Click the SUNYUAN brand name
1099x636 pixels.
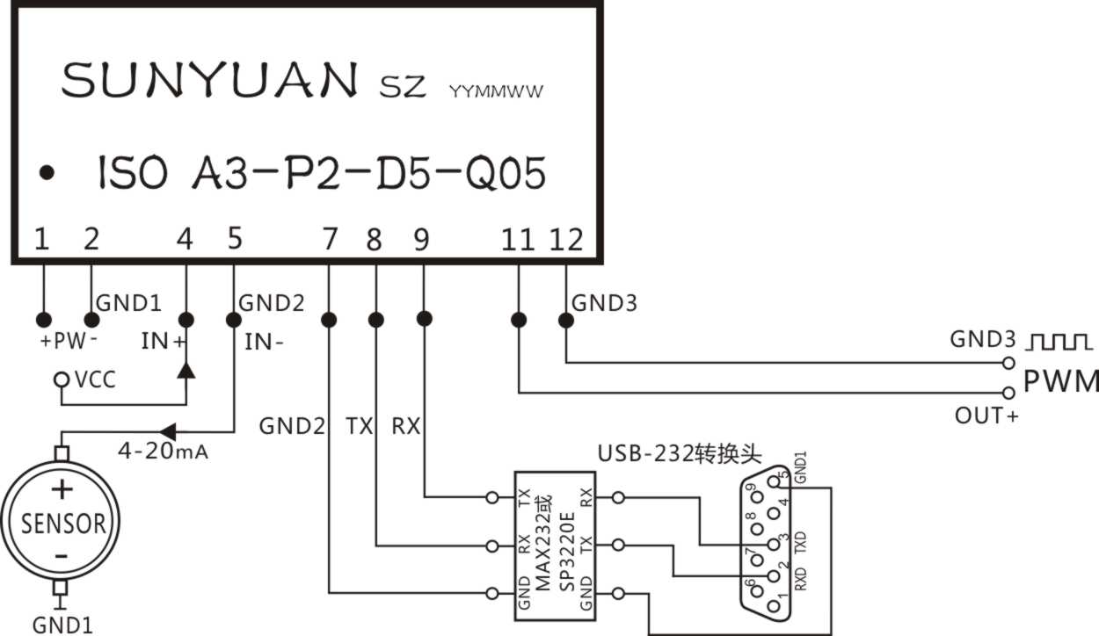click(x=209, y=81)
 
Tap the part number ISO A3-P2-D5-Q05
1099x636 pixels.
click(x=321, y=173)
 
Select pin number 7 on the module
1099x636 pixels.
click(x=330, y=239)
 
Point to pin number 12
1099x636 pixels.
click(x=566, y=239)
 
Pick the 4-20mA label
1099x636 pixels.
click(x=163, y=452)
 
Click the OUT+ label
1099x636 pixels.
click(x=986, y=416)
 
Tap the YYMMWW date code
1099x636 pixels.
click(x=496, y=91)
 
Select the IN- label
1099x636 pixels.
click(x=264, y=342)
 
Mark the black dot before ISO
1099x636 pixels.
click(x=47, y=173)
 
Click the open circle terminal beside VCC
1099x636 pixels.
click(x=61, y=380)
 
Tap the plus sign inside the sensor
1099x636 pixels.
click(x=62, y=489)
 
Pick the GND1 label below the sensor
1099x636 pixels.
click(x=62, y=625)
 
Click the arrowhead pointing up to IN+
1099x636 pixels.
click(x=186, y=369)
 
